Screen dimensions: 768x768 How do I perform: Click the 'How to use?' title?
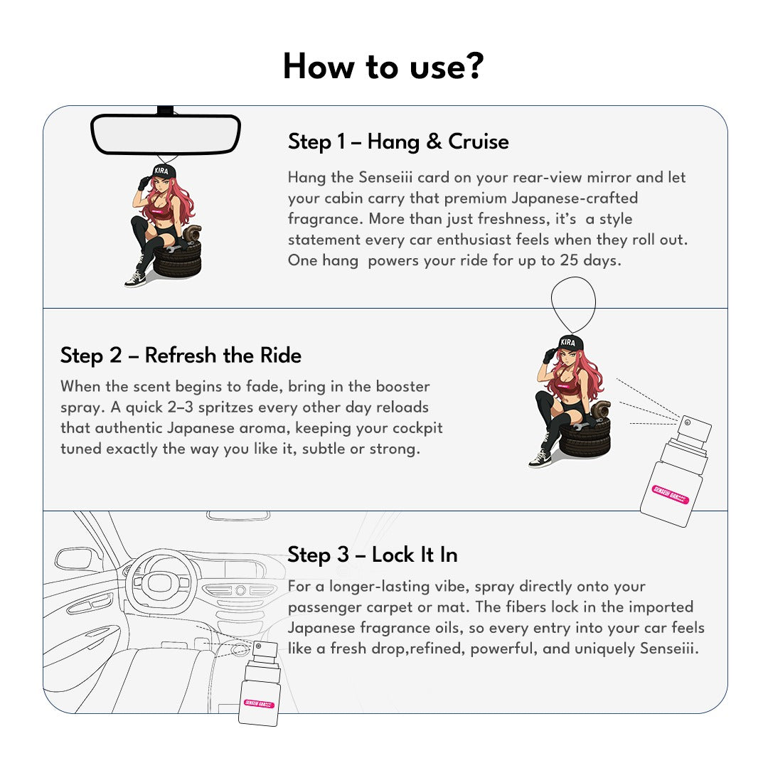[x=383, y=67]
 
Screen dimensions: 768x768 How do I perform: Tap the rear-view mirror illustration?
[x=166, y=134]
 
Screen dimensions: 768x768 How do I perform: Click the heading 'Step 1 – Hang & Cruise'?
[x=398, y=142]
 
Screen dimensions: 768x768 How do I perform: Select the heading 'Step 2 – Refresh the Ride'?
[x=181, y=356]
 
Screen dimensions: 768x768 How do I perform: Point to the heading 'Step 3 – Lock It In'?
[x=372, y=555]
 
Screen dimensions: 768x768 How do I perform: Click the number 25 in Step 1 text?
[x=569, y=260]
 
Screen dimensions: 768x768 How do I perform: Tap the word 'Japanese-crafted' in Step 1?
[x=575, y=198]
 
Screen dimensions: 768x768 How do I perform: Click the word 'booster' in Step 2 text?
[x=402, y=386]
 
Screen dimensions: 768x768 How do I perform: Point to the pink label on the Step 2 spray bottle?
[x=670, y=494]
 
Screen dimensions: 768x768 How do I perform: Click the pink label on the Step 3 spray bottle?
[x=259, y=704]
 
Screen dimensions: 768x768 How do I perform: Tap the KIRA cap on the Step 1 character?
[x=162, y=171]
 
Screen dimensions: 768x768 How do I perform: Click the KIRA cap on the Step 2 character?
[x=568, y=342]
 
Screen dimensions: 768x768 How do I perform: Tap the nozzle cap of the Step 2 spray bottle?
[x=695, y=429]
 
